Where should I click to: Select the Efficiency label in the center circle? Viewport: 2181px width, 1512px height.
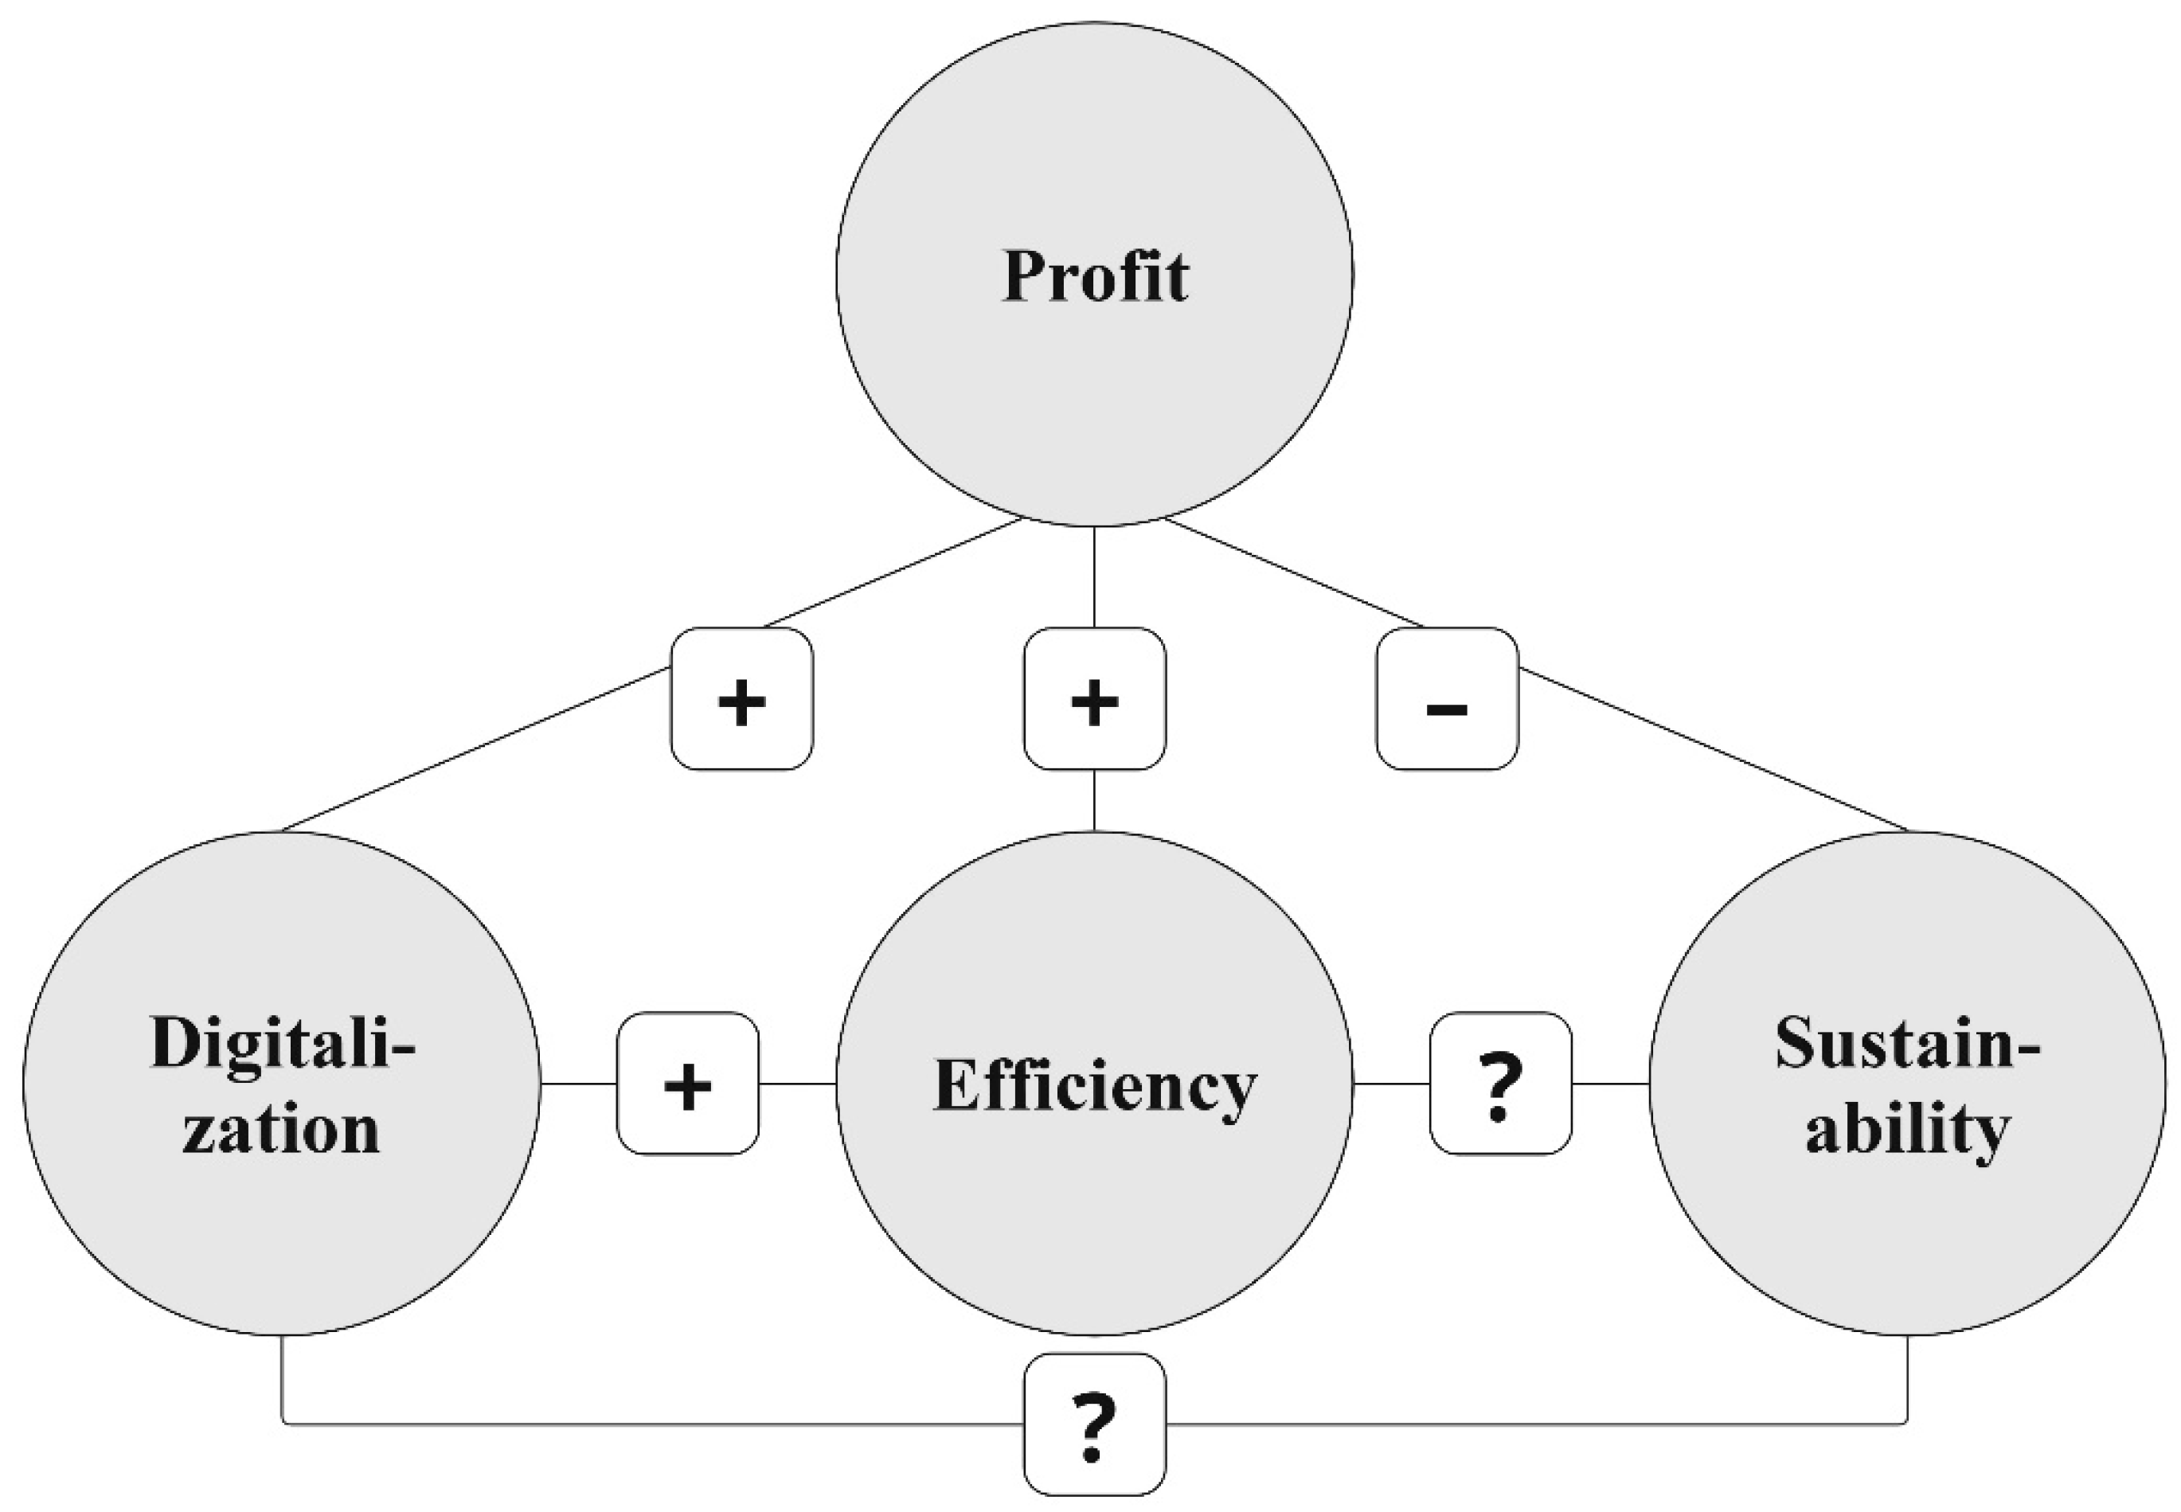tap(1094, 1086)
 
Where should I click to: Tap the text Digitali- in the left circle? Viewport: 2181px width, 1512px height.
tap(283, 1043)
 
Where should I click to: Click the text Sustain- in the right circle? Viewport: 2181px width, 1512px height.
tap(1906, 1043)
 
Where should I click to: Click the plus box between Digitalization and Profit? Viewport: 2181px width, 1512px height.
tap(742, 698)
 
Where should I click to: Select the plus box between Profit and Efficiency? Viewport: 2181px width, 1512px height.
tap(1094, 698)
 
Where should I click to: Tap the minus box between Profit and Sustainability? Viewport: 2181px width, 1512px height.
tap(1447, 698)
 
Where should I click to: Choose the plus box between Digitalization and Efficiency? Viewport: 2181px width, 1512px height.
tap(688, 1083)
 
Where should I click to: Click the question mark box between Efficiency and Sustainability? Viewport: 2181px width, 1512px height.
tap(1500, 1083)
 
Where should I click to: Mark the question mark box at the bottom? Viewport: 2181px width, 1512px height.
tap(1094, 1423)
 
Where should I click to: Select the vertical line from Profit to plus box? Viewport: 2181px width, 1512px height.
tap(1094, 576)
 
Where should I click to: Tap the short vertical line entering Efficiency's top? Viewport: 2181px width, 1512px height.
tap(1094, 799)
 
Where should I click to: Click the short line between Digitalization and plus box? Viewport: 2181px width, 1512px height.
tap(578, 1083)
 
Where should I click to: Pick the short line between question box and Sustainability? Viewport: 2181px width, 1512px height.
tap(1610, 1083)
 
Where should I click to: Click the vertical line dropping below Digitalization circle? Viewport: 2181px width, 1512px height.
tap(283, 1378)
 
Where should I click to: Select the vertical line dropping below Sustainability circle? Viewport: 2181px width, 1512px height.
tap(1906, 1378)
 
